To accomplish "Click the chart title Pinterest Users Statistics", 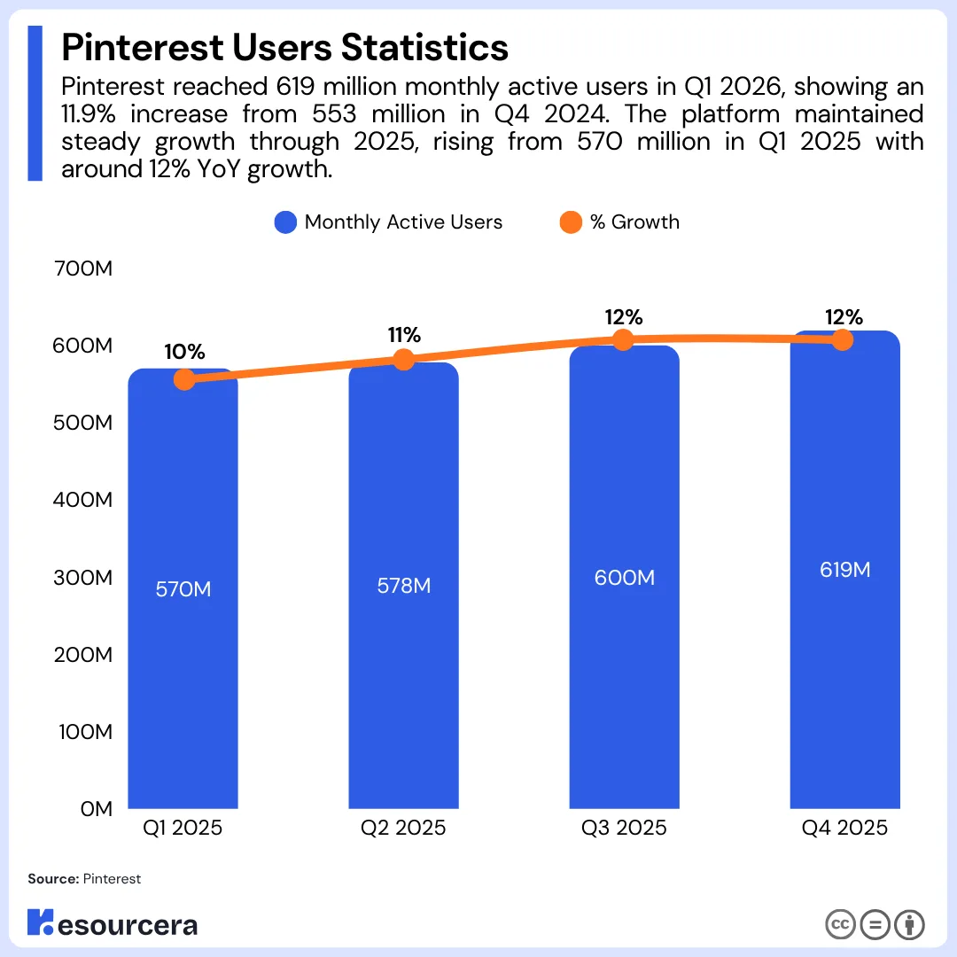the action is coord(284,47).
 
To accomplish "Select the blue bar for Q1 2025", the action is coord(183,588).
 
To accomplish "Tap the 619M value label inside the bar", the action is coord(844,570).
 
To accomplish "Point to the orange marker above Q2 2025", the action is coord(403,360).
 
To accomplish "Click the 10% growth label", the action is coord(184,352).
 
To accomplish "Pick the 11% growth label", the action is coord(404,334).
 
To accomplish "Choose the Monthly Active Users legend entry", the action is coord(388,222).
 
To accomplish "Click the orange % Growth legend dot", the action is coord(571,222).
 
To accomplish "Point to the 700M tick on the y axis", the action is coord(83,268).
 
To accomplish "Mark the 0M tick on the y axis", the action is coord(97,809).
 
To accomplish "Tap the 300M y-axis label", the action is coord(83,578).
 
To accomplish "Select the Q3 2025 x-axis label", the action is coord(624,828).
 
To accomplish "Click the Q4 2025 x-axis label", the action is coord(844,828).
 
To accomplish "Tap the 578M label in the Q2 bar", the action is coord(403,586).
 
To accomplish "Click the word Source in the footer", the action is coord(53,879).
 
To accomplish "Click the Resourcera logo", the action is coord(113,923).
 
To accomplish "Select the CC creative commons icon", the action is coord(840,924).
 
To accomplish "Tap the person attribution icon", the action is coord(909,924).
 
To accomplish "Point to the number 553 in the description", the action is coord(334,114).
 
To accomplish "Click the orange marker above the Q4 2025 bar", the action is coord(843,339).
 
